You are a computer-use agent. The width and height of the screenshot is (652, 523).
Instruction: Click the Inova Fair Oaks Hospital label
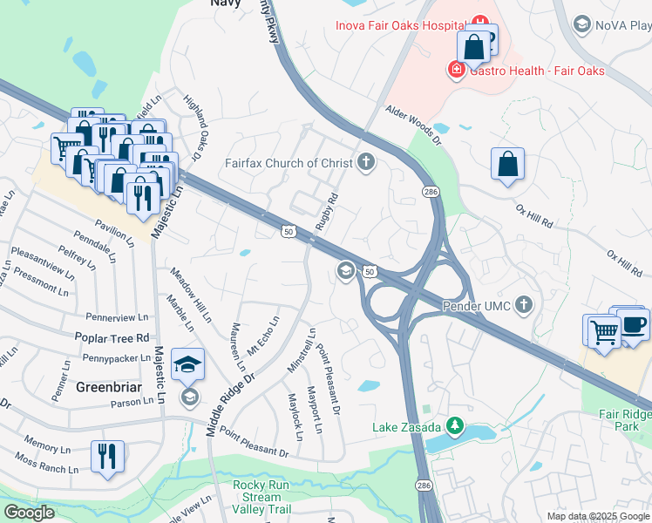pos(400,25)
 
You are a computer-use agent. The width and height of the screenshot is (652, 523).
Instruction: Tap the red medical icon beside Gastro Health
pos(455,70)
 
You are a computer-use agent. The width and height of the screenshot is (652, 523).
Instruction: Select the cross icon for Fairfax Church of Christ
pos(366,162)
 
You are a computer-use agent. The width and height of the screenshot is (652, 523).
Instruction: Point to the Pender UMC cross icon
pos(523,305)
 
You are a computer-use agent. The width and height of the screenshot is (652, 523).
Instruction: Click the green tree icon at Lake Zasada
pos(453,426)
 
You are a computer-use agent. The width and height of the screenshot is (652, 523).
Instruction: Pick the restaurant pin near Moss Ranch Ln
pos(107,457)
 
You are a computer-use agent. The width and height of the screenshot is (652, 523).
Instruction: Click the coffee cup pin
pos(633,324)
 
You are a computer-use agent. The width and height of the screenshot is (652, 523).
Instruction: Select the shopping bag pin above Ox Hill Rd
pos(507,165)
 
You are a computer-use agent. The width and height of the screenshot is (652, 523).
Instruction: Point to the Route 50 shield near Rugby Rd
pos(289,231)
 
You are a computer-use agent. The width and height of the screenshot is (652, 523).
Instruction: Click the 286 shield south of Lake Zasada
pos(424,483)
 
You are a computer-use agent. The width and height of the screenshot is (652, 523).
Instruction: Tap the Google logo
pos(29,513)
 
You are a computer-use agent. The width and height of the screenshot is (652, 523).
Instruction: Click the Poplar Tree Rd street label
pos(118,337)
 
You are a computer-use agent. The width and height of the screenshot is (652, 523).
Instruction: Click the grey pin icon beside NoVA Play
pos(584,25)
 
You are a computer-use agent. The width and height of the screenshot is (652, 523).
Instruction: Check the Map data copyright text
pos(598,516)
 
